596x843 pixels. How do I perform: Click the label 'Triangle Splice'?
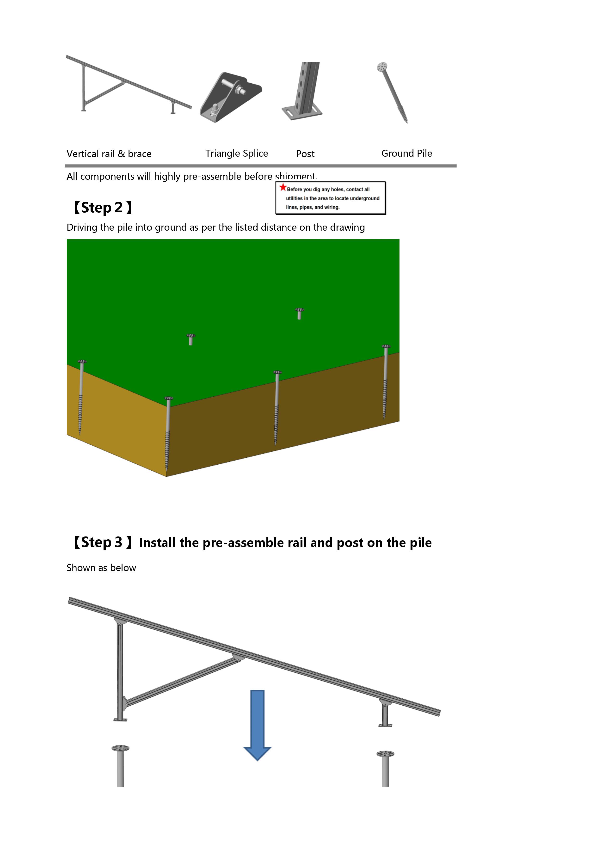tap(236, 154)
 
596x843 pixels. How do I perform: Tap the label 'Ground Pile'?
tap(406, 154)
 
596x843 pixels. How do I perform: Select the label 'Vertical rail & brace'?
tap(109, 154)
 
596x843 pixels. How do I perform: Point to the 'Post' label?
tap(305, 154)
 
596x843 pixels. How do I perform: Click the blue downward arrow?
tap(257, 725)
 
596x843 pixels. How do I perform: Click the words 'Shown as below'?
tap(101, 568)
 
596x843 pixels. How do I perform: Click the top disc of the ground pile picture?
tap(382, 67)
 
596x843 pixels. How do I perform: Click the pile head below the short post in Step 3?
tap(385, 754)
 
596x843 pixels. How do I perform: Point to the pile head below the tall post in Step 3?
tap(120, 748)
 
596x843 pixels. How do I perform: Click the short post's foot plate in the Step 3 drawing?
tap(385, 725)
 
